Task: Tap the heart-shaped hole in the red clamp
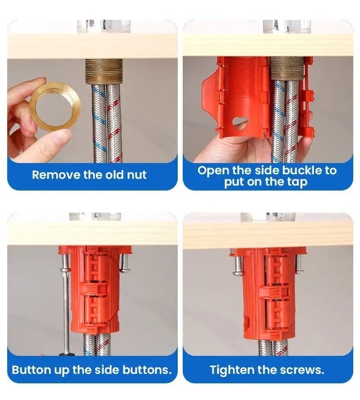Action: coord(240,122)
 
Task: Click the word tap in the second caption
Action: coord(297,182)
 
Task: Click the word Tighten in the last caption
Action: coord(232,370)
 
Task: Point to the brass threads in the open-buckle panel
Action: coord(287,68)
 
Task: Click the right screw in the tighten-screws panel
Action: coord(298,264)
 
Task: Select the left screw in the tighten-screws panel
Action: coord(238,265)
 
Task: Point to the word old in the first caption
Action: coord(113,175)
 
